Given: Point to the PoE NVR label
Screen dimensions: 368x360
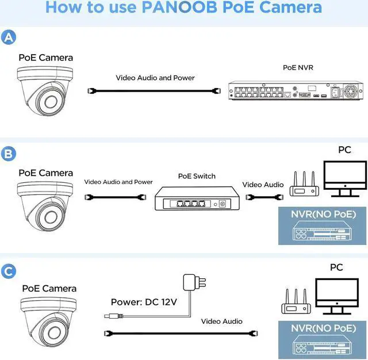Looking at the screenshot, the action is coord(298,67).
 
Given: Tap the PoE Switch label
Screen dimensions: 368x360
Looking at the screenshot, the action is coord(197,176).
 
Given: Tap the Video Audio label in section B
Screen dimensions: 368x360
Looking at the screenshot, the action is coord(263,185).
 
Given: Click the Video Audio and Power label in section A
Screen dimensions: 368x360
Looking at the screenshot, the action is coord(155,78).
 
